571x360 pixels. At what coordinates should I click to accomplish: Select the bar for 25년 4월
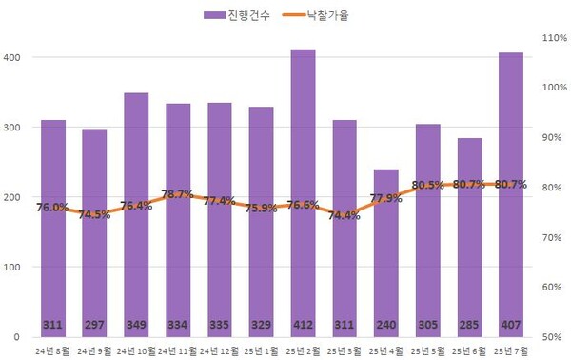point(385,276)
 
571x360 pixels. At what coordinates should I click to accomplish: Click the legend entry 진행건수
point(239,15)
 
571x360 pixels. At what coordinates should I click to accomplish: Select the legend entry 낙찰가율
point(325,15)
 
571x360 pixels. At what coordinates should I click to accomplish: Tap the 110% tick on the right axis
point(553,37)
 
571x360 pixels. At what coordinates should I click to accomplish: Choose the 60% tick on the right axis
point(553,287)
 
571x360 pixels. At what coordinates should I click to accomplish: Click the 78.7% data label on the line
point(178,194)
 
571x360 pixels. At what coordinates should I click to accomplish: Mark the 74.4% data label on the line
point(345,215)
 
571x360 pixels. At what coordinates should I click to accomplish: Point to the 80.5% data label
point(427,186)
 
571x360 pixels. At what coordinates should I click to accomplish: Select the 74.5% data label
point(94,215)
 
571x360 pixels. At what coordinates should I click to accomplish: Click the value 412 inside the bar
point(303,326)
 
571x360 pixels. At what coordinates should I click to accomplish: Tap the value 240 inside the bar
point(385,326)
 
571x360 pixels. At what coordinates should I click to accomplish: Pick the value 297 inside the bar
point(94,326)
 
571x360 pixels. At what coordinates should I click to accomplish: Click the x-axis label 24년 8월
point(52,350)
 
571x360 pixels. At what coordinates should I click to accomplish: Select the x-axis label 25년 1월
point(261,350)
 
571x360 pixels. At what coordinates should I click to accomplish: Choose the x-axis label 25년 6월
point(468,350)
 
